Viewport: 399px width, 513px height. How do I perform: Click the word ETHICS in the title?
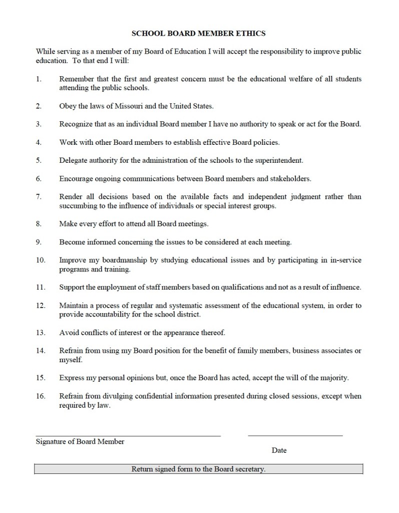pos(249,34)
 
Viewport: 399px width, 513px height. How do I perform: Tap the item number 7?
pos(39,197)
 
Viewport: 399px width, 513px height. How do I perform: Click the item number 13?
pos(41,332)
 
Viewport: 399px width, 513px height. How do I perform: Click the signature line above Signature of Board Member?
pos(128,435)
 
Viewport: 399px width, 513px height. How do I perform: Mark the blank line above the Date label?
pos(295,435)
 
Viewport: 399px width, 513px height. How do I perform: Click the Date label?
pos(279,450)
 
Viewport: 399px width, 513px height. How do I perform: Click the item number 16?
pos(41,396)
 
